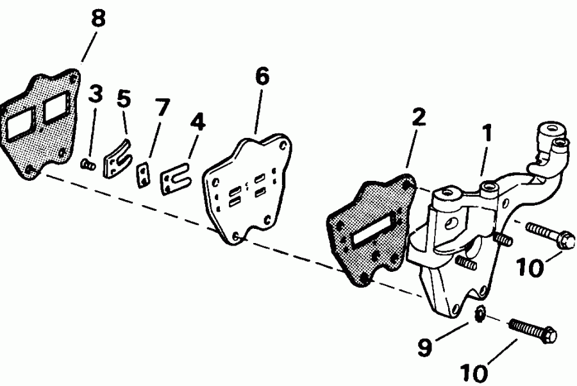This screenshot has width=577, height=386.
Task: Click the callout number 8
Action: (x=97, y=19)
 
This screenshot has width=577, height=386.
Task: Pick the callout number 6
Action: (x=262, y=76)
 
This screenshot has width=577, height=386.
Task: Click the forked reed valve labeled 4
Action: (x=176, y=180)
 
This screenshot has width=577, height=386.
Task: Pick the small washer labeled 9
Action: (x=479, y=315)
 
